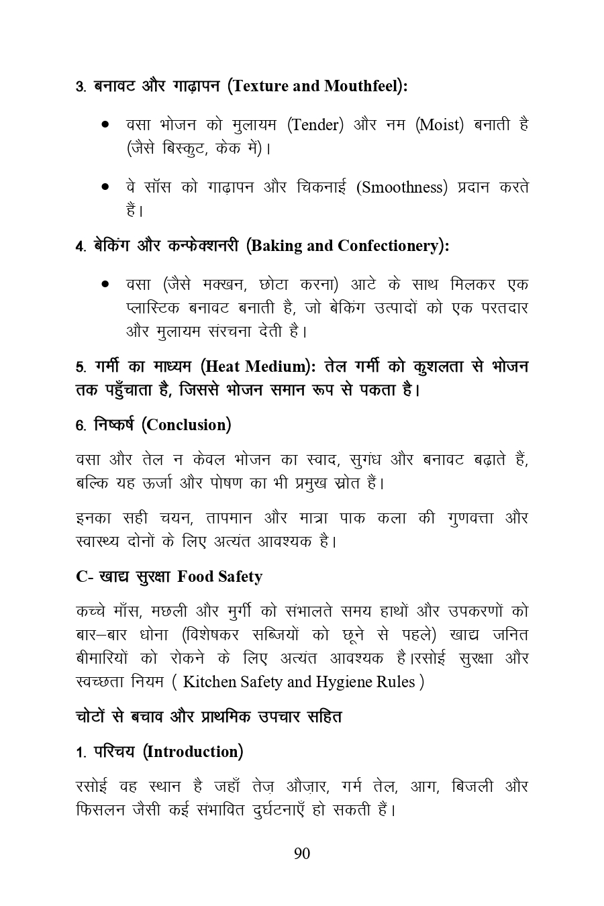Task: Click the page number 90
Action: click(302, 854)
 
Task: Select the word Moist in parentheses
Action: click(440, 125)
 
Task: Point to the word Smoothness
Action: click(403, 187)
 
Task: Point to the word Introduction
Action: click(193, 752)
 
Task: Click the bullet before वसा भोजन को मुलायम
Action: click(105, 125)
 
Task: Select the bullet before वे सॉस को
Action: click(105, 187)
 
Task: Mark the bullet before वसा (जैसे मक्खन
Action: click(105, 285)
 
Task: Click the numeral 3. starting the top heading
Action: click(80, 87)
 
